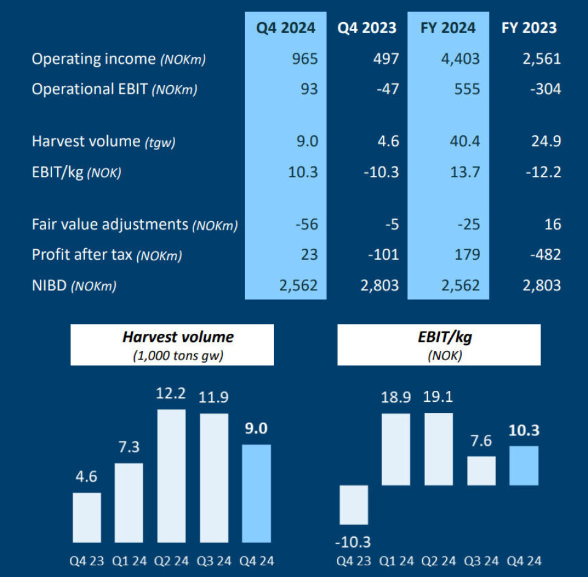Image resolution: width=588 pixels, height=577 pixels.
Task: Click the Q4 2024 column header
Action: click(285, 28)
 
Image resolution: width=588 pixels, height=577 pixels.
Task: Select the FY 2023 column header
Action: click(529, 28)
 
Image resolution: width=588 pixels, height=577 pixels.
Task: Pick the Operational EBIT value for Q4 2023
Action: click(386, 89)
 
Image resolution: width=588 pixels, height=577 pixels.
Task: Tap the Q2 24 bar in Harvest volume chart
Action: click(171, 476)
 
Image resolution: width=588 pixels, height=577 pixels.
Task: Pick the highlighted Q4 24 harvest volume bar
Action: click(256, 493)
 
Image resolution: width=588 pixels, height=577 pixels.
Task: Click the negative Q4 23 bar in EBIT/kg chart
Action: click(353, 505)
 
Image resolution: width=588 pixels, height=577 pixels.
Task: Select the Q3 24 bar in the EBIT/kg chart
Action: click(481, 470)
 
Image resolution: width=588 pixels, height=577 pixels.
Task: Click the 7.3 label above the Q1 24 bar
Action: click(129, 447)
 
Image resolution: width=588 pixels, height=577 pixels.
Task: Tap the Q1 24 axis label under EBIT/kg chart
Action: click(396, 561)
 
